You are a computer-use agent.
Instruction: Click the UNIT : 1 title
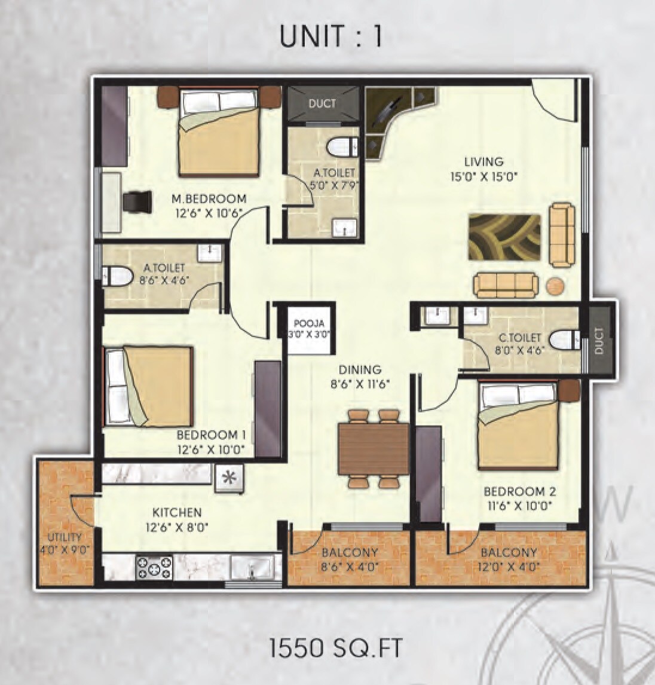[x=330, y=37]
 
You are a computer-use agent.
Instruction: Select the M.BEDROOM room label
[x=209, y=198]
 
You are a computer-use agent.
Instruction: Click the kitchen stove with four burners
[x=154, y=567]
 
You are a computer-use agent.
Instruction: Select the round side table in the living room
[x=555, y=286]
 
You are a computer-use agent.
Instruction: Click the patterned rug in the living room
[x=505, y=237]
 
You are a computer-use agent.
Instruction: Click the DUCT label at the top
[x=322, y=104]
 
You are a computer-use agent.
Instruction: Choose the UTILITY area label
[x=65, y=537]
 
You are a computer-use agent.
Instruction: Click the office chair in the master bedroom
[x=139, y=201]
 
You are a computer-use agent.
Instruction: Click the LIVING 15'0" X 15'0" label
[x=483, y=169]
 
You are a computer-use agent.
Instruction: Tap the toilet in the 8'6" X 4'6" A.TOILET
[x=120, y=276]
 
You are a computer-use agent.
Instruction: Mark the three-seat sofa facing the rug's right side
[x=561, y=234]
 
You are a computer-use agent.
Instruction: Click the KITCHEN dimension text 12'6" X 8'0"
[x=177, y=527]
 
